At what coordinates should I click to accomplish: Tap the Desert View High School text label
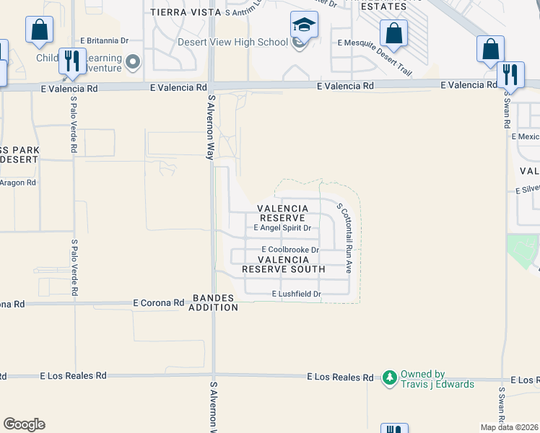click(x=232, y=42)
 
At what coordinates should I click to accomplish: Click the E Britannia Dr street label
click(x=105, y=40)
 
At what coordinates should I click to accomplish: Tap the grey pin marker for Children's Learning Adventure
click(x=133, y=62)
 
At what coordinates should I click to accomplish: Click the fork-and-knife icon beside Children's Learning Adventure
click(x=71, y=61)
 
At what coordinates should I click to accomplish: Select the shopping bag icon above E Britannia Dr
click(x=39, y=31)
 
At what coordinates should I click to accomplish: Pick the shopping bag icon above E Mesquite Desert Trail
click(x=393, y=33)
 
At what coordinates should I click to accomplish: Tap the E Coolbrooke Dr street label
click(x=290, y=250)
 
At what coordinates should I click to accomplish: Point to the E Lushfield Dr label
click(x=296, y=294)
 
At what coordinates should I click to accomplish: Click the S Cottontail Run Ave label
click(x=344, y=237)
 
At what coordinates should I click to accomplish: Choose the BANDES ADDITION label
click(x=214, y=302)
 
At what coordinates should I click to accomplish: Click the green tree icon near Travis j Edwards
click(x=390, y=377)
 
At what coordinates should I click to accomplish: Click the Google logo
click(x=24, y=424)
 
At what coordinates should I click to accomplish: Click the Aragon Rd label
click(x=17, y=183)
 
